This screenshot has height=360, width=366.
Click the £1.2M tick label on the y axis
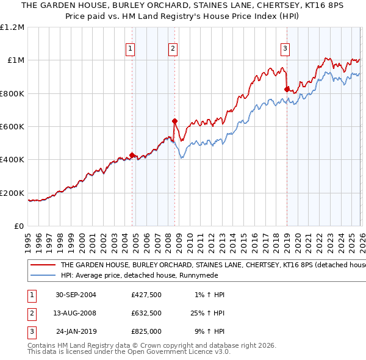tap(12, 27)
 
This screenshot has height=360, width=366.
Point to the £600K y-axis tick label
tap(12, 127)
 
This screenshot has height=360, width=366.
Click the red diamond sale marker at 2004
tap(132, 155)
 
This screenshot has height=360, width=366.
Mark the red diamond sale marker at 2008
tap(174, 121)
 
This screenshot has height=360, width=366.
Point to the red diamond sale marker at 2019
tap(287, 89)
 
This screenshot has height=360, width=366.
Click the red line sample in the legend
tap(43, 265)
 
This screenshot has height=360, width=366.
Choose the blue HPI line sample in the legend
tap(43, 276)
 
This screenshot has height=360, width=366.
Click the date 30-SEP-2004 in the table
tap(76, 295)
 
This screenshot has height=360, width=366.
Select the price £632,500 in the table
tap(146, 313)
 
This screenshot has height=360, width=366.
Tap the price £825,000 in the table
tap(146, 331)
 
